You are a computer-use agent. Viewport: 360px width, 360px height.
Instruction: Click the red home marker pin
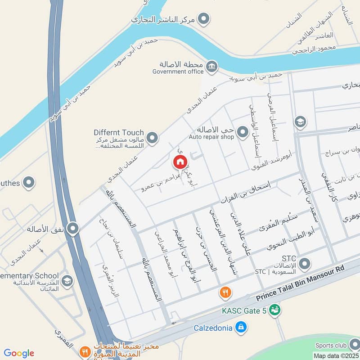pyautogui.click(x=180, y=162)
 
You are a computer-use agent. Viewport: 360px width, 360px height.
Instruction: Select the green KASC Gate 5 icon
pyautogui.click(x=274, y=310)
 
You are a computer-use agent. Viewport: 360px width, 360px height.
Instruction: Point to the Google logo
pyautogui.click(x=18, y=353)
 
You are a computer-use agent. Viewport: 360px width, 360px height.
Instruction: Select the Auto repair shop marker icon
pyautogui.click(x=243, y=132)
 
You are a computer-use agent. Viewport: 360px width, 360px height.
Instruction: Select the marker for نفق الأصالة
pyautogui.click(x=73, y=228)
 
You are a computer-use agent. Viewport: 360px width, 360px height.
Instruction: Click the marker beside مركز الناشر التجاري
pyautogui.click(x=204, y=19)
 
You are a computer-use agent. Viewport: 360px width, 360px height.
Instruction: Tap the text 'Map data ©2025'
pyautogui.click(x=336, y=355)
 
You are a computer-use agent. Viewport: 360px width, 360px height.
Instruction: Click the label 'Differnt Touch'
pyautogui.click(x=119, y=133)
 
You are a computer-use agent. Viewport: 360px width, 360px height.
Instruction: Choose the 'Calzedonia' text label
pyautogui.click(x=213, y=328)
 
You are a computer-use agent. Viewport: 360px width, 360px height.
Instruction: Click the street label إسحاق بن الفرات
pyautogui.click(x=240, y=194)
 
